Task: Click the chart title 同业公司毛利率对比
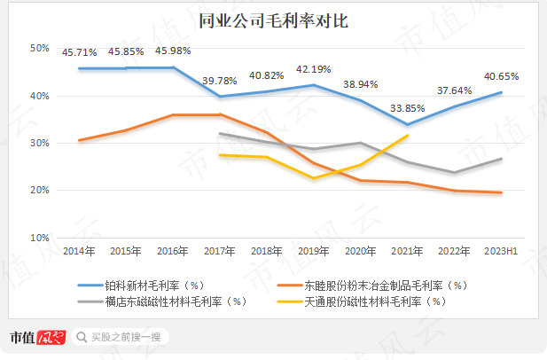tap(273, 20)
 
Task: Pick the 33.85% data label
tap(406, 109)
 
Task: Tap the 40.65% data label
tap(500, 76)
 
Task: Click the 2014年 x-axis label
tap(79, 251)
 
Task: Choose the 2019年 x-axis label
tap(315, 251)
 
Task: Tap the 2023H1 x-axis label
tap(503, 251)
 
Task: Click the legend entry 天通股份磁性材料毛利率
tap(372, 301)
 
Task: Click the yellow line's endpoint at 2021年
tap(407, 136)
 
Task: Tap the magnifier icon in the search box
tap(82, 337)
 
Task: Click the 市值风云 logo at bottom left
tap(38, 337)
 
